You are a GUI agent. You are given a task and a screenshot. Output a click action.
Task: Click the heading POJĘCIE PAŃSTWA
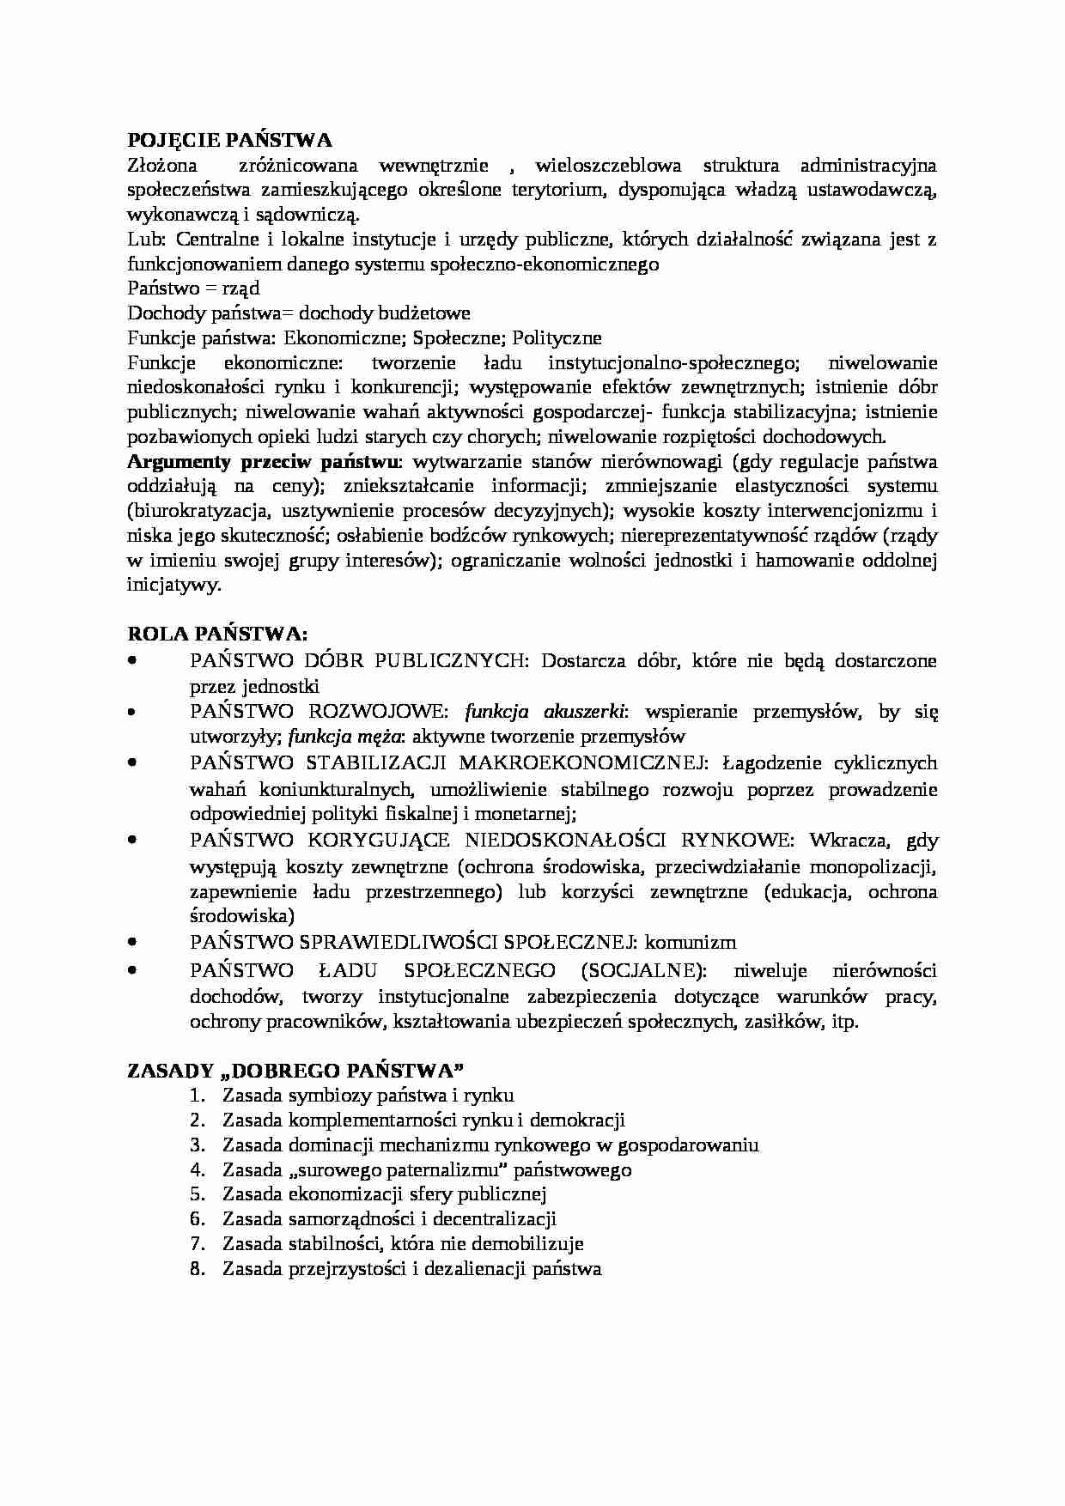(x=229, y=141)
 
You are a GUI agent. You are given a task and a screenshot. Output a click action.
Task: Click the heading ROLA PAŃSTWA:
(x=217, y=635)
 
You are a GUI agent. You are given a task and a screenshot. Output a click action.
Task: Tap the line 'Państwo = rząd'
(x=193, y=288)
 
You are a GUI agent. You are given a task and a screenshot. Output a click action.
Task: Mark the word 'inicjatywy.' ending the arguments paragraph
(x=174, y=586)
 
